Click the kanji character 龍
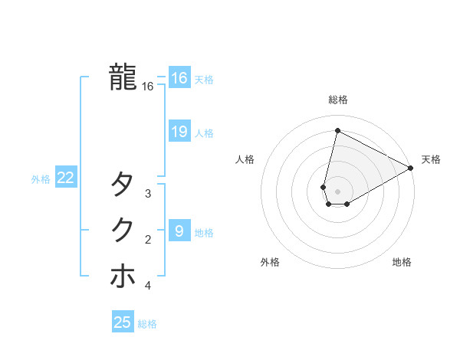(123, 77)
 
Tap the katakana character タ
(123, 184)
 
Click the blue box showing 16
(179, 78)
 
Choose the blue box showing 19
(179, 132)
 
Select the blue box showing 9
(179, 231)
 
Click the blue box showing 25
(123, 322)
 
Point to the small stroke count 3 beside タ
(148, 194)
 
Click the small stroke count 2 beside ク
(148, 240)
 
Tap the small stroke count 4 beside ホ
(148, 286)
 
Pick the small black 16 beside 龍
(148, 87)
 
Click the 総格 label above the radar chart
(338, 100)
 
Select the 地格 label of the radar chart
(402, 262)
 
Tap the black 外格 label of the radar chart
(270, 262)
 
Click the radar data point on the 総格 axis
(337, 131)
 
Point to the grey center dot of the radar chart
(337, 191)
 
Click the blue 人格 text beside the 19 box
(204, 133)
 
